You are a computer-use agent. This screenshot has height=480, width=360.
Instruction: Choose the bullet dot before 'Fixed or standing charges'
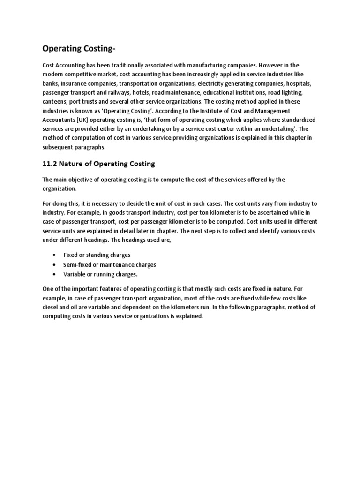55,255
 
